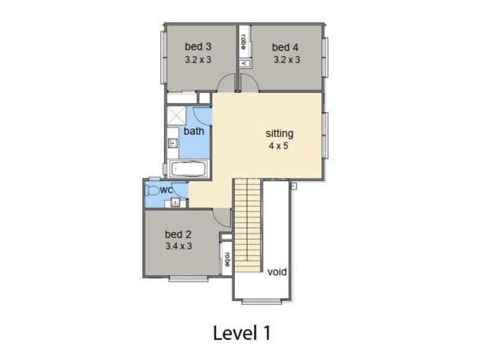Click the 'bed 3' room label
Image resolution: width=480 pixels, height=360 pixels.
pyautogui.click(x=198, y=47)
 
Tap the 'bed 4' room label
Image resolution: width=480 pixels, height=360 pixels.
pyautogui.click(x=285, y=47)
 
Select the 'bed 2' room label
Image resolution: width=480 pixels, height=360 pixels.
pyautogui.click(x=178, y=234)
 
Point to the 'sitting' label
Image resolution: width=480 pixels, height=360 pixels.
pyautogui.click(x=280, y=133)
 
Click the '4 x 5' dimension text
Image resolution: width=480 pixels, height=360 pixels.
pyautogui.click(x=278, y=146)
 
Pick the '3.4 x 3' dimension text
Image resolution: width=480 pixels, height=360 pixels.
pyautogui.click(x=179, y=246)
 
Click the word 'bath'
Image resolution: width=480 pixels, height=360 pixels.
pyautogui.click(x=194, y=131)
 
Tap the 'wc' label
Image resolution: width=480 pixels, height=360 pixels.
pyautogui.click(x=167, y=190)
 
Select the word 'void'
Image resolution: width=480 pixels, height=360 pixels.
pyautogui.click(x=277, y=272)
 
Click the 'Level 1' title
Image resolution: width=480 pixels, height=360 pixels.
pyautogui.click(x=242, y=333)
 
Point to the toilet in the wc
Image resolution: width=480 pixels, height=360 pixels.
pyautogui.click(x=152, y=190)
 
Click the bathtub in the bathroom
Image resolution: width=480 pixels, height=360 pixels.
pyautogui.click(x=190, y=169)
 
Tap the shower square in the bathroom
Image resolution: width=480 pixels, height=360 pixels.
pyautogui.click(x=176, y=116)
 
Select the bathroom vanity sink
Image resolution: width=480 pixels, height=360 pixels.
pyautogui.click(x=173, y=143)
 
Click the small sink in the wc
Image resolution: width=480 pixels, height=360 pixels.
pyautogui.click(x=175, y=202)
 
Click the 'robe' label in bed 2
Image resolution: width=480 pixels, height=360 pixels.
pyautogui.click(x=227, y=259)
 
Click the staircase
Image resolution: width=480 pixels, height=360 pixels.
pyautogui.click(x=247, y=226)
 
